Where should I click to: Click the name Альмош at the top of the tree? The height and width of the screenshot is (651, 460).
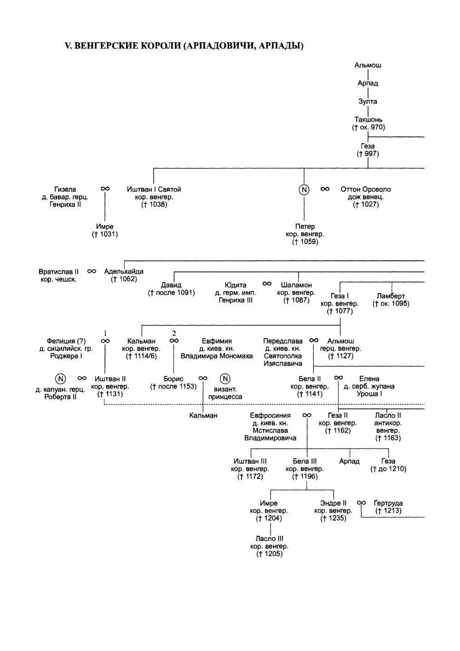click(x=368, y=65)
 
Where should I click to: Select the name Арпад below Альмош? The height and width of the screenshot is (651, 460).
click(x=368, y=83)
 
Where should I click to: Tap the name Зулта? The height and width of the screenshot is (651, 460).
click(x=368, y=101)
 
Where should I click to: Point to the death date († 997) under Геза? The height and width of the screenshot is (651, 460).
click(x=368, y=154)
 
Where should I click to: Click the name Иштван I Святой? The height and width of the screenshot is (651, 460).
click(x=154, y=189)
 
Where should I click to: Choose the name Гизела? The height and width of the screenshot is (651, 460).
click(x=65, y=189)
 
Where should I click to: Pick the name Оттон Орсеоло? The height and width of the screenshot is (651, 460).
click(x=366, y=189)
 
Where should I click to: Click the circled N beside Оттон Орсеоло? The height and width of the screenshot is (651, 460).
click(x=304, y=189)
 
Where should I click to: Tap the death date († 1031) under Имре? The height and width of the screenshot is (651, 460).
click(x=105, y=234)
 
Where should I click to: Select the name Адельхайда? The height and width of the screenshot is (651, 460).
click(x=124, y=272)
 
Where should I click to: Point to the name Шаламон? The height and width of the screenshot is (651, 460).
click(x=296, y=285)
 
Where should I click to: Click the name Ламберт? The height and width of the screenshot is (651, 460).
click(x=391, y=296)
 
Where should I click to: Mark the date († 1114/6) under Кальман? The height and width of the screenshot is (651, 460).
click(x=141, y=356)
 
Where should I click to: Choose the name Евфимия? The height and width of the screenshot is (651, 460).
click(x=217, y=341)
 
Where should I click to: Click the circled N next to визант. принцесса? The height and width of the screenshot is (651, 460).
click(x=225, y=379)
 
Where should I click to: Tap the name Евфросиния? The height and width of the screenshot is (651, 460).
click(x=270, y=415)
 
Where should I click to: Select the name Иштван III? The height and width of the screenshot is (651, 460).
click(x=250, y=461)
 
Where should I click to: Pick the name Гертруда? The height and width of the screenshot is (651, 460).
click(x=388, y=503)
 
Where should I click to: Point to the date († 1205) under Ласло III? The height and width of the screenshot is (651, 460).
click(x=269, y=554)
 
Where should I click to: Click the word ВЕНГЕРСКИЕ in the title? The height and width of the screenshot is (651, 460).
click(x=106, y=46)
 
